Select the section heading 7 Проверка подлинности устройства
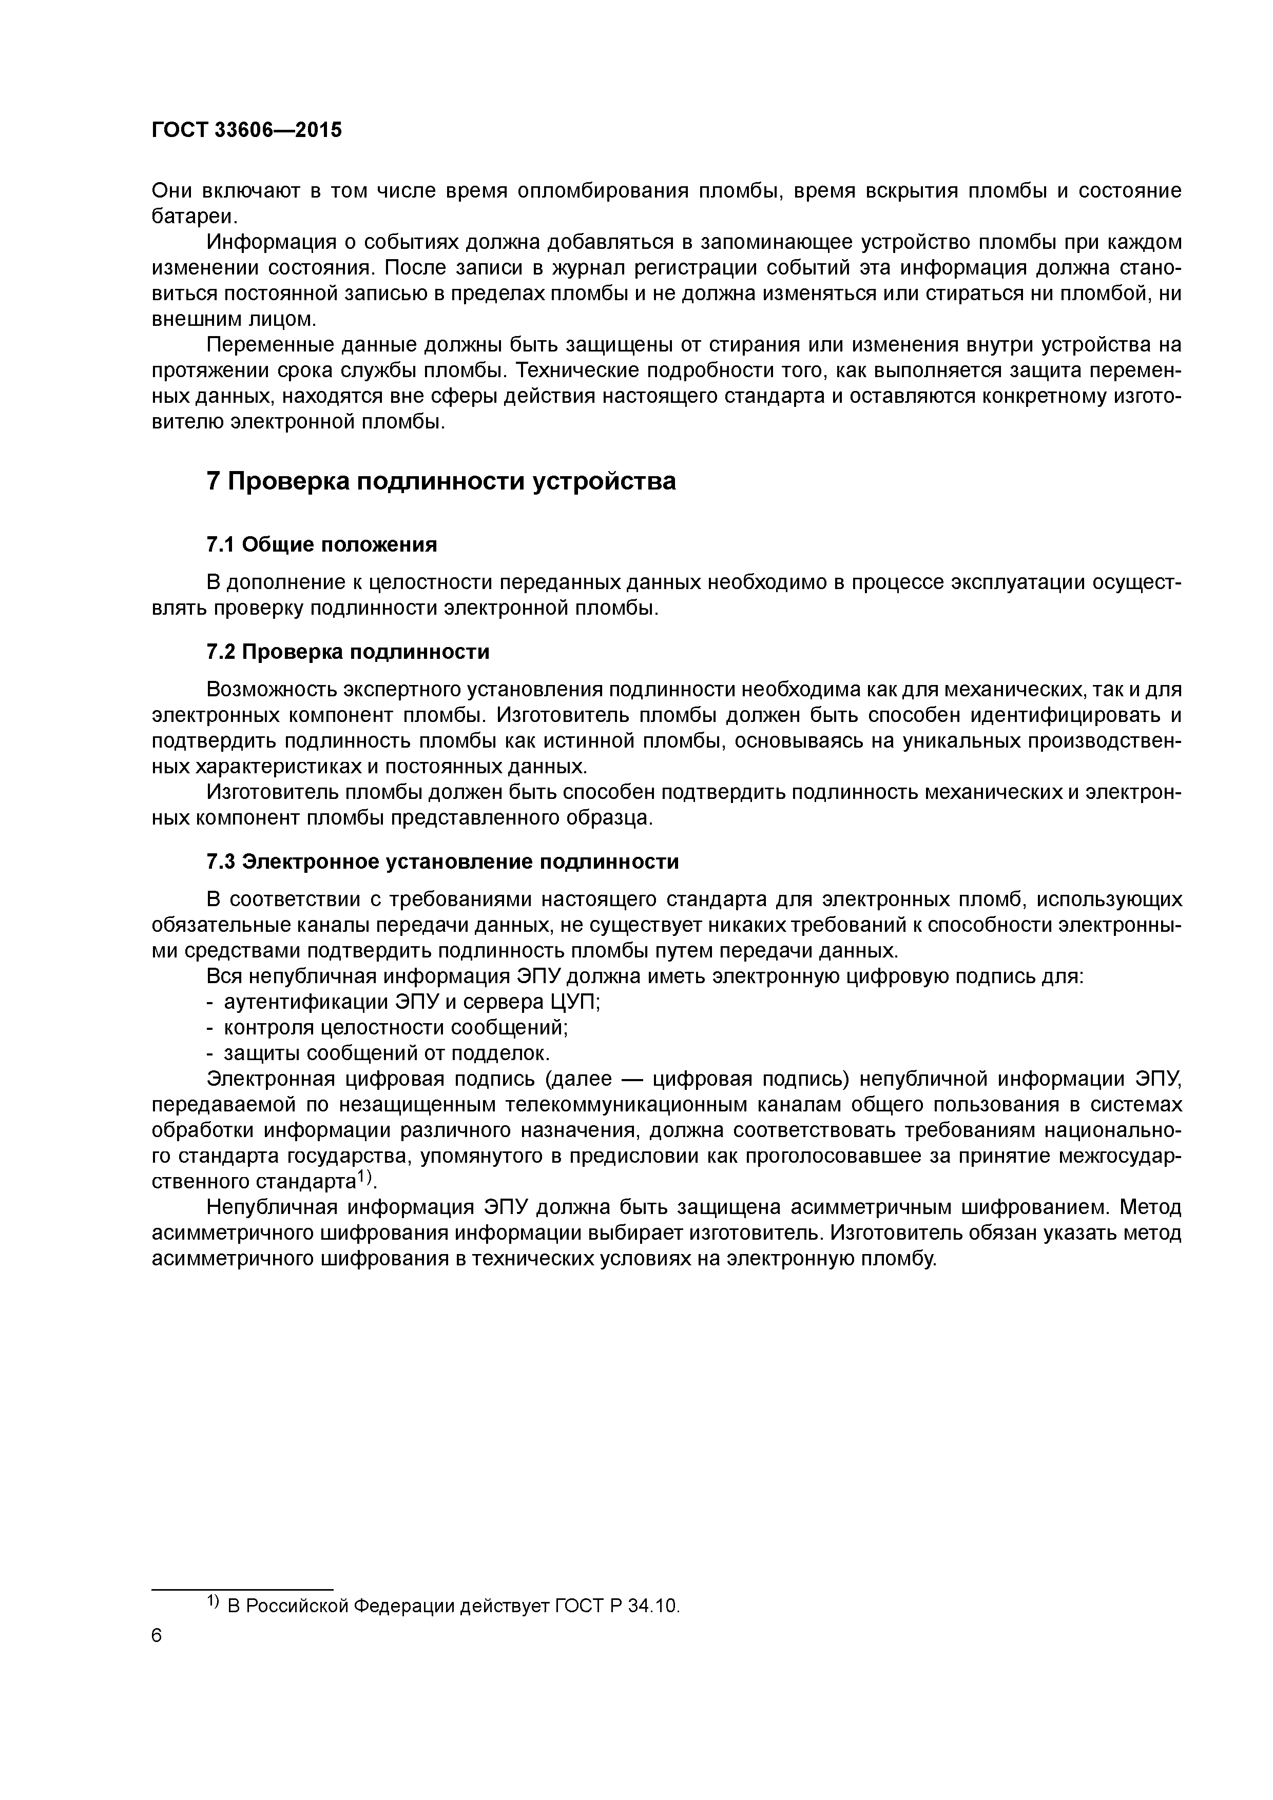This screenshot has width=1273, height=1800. pos(441,481)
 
